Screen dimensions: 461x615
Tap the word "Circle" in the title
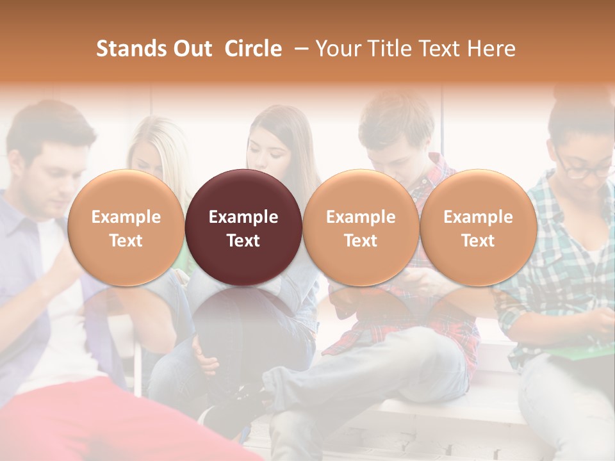(x=253, y=49)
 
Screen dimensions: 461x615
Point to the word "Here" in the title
(x=493, y=49)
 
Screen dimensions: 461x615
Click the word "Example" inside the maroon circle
(x=243, y=217)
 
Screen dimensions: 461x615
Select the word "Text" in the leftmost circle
(x=126, y=241)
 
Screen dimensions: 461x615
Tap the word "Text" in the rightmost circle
(x=478, y=241)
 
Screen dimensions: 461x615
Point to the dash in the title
(x=299, y=49)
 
